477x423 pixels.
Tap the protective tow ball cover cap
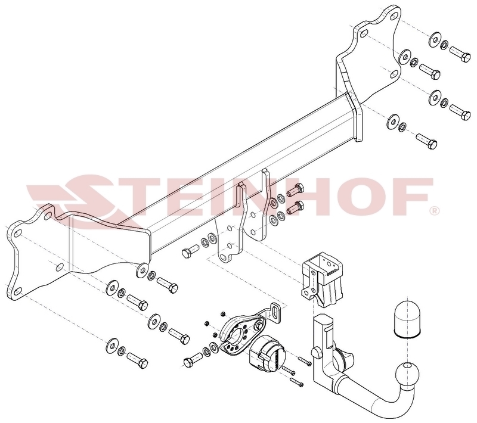click(407, 319)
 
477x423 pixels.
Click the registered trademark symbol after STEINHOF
click(434, 211)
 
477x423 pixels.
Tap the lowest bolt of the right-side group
click(426, 141)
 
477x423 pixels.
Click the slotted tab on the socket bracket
click(276, 312)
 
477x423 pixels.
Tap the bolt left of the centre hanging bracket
click(190, 251)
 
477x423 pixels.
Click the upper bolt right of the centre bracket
click(295, 190)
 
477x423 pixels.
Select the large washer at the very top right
click(434, 39)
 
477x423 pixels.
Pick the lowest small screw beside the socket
click(297, 382)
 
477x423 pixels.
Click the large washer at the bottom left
click(112, 344)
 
